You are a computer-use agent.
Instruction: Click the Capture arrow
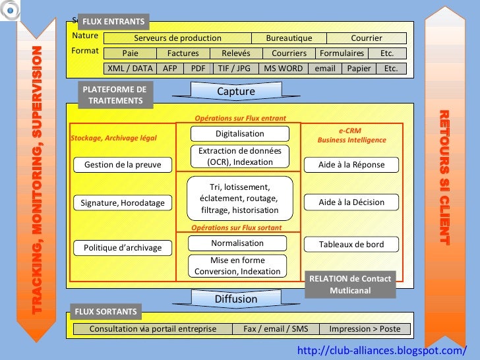(x=236, y=92)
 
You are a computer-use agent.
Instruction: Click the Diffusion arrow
(x=236, y=299)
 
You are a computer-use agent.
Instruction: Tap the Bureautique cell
(x=289, y=38)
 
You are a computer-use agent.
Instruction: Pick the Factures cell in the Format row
(x=183, y=53)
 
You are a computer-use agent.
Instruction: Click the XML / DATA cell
(x=130, y=69)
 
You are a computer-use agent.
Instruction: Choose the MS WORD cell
(x=283, y=69)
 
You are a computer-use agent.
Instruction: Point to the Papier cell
(x=359, y=69)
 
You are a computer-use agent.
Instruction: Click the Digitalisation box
(x=239, y=134)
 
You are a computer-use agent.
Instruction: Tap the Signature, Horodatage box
(x=123, y=203)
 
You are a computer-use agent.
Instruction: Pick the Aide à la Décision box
(x=351, y=202)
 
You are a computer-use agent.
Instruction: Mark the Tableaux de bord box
(x=351, y=245)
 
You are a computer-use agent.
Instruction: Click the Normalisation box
(x=237, y=243)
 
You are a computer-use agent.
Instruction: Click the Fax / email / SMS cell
(x=276, y=329)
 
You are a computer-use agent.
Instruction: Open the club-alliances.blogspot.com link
(x=382, y=350)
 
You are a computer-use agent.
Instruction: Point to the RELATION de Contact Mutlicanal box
(x=350, y=284)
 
